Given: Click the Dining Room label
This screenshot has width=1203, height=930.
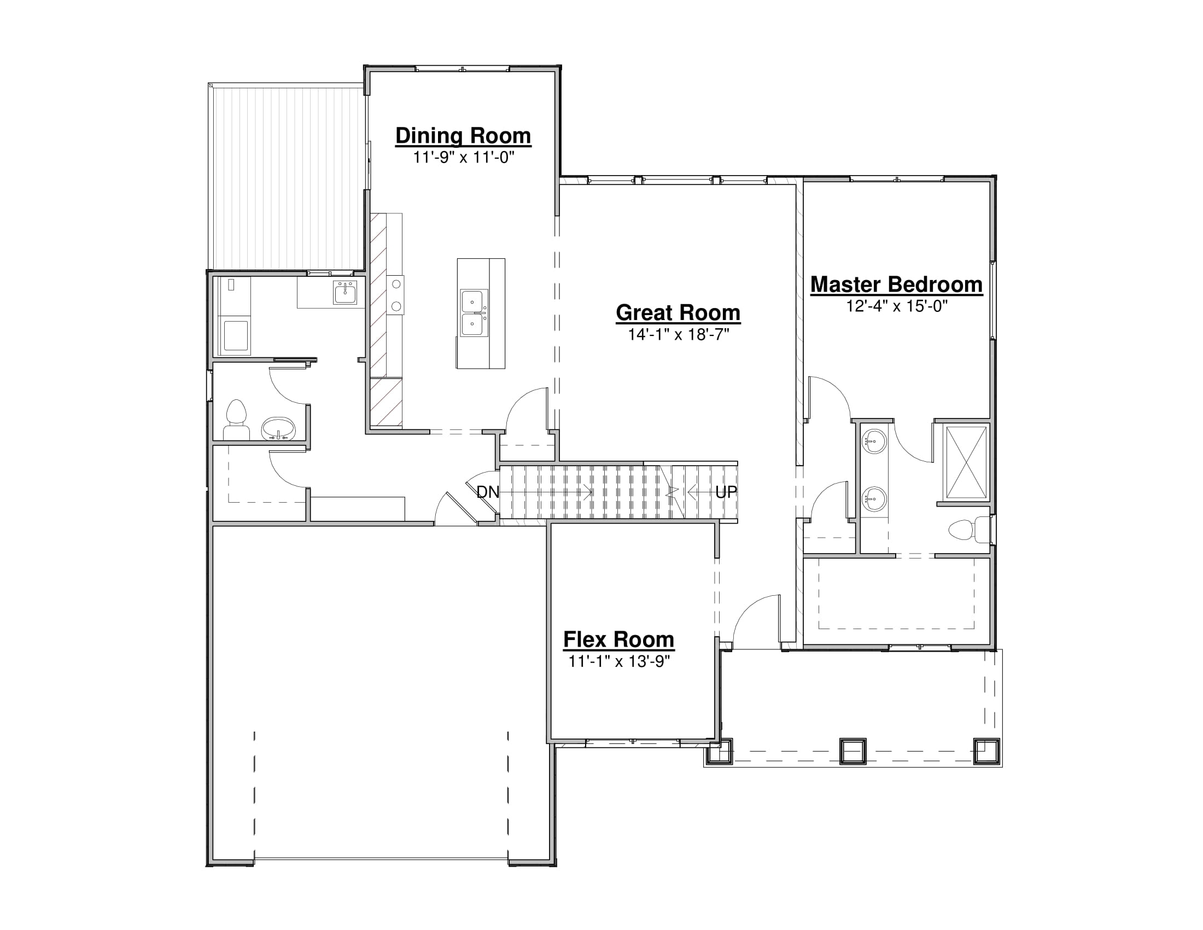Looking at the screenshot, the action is click(463, 136).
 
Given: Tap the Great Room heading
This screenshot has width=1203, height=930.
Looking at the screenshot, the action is click(678, 313).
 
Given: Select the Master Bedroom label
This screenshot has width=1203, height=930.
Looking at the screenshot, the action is click(896, 285).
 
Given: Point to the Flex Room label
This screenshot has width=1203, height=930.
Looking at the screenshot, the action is click(618, 640).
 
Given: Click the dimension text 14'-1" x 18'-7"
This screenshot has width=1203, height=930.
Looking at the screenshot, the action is click(679, 334).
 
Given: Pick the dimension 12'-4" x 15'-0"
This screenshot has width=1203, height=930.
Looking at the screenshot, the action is click(897, 306).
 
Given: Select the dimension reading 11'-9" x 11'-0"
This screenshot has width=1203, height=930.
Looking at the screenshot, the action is click(463, 158).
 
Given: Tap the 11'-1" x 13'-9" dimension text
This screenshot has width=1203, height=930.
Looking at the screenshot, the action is click(618, 661).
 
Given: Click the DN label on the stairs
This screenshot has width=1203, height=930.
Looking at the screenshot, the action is click(487, 492).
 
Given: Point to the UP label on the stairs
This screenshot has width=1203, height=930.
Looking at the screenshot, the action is click(726, 492).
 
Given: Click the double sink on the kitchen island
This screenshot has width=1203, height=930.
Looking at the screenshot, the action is click(474, 313).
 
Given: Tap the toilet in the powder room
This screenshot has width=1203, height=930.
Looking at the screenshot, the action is click(236, 420).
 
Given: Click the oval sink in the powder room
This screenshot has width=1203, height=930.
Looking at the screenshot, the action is click(278, 429).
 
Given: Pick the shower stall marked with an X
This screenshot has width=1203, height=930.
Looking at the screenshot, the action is click(966, 462).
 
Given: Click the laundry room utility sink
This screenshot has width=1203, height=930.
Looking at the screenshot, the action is click(345, 292).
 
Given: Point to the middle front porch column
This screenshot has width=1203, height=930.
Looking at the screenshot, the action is click(852, 751).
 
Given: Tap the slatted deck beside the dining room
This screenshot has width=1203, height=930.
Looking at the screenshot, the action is click(287, 177).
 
